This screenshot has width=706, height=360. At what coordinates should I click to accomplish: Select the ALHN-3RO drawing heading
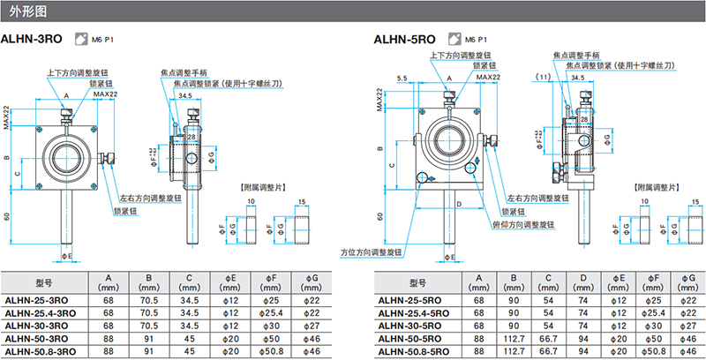tap(33, 40)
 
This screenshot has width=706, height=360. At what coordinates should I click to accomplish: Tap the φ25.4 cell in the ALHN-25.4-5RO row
tap(651, 312)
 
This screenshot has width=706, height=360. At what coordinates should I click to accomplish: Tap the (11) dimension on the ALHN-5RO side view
tap(545, 78)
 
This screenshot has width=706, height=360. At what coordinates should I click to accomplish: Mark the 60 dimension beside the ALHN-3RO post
tap(8, 214)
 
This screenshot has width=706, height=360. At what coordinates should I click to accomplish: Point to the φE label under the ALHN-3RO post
tap(67, 257)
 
